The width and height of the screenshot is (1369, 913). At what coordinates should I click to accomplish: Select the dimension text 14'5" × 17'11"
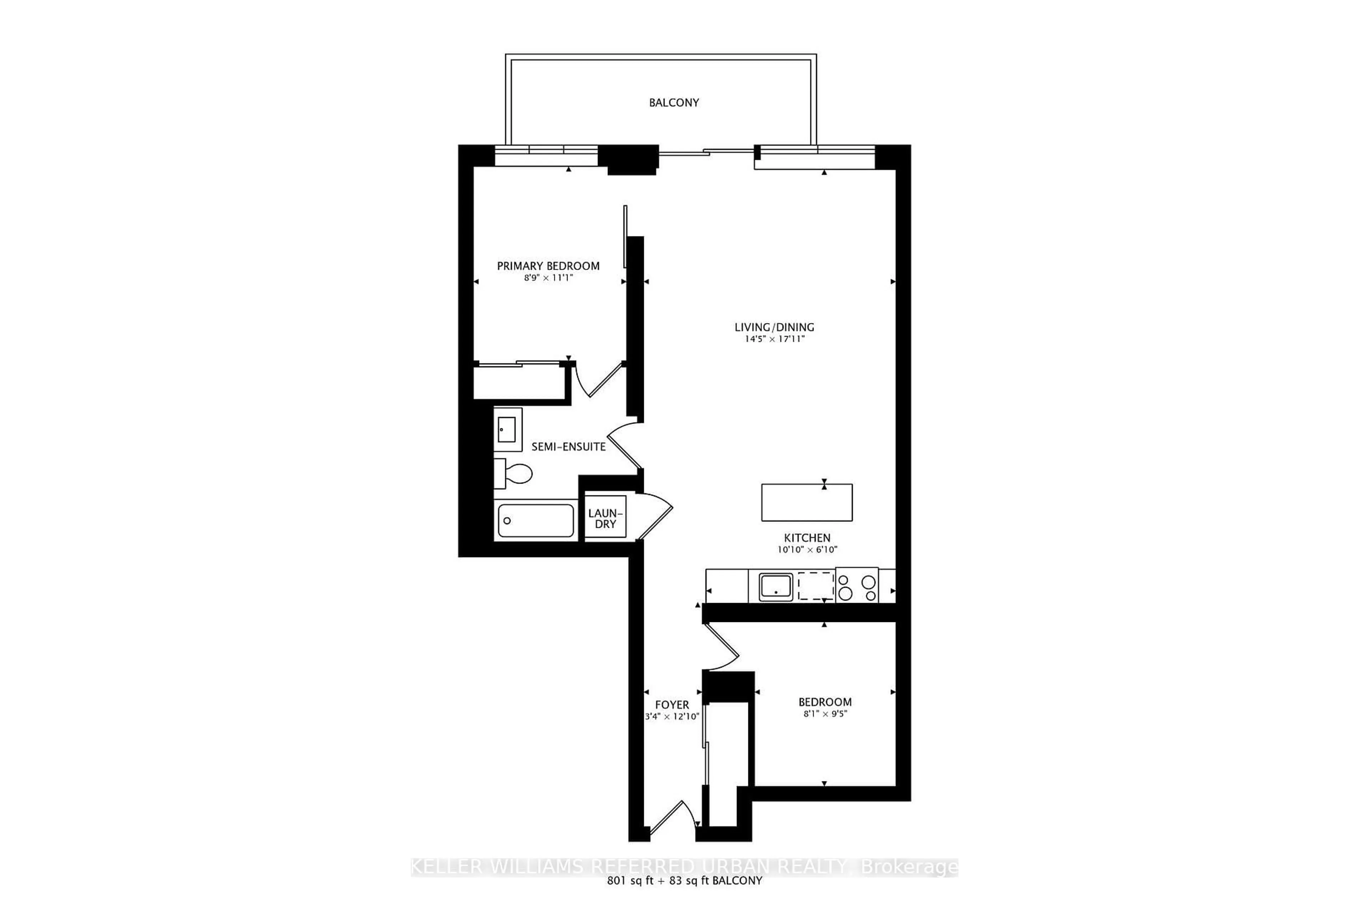[774, 339]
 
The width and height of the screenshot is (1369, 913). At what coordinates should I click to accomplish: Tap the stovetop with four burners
[856, 586]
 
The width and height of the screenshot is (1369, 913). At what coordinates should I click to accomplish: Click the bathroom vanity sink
[507, 430]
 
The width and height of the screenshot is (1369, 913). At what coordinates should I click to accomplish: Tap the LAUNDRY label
[605, 518]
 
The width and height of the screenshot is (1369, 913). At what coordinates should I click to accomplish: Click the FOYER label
[672, 705]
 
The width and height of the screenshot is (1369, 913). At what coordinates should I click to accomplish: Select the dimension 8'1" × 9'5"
[825, 714]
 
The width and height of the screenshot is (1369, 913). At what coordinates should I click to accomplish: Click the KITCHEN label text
[807, 538]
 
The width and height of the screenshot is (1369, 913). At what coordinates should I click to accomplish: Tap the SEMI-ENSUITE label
[568, 447]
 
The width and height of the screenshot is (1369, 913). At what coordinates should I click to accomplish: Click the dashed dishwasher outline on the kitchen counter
[815, 586]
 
